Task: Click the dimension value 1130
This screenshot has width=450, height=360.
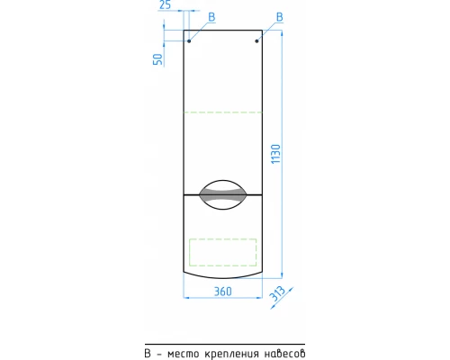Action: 275,154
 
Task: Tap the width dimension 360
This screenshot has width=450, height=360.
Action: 223,292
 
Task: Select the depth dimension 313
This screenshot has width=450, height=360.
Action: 277,293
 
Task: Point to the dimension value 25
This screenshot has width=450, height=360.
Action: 166,4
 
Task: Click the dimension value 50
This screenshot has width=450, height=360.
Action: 157,59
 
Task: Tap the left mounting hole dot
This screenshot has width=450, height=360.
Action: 189,40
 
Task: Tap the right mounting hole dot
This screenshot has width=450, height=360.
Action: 256,40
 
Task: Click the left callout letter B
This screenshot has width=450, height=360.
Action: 211,17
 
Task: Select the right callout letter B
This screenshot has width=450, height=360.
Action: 280,17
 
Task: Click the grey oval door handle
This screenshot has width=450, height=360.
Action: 223,194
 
